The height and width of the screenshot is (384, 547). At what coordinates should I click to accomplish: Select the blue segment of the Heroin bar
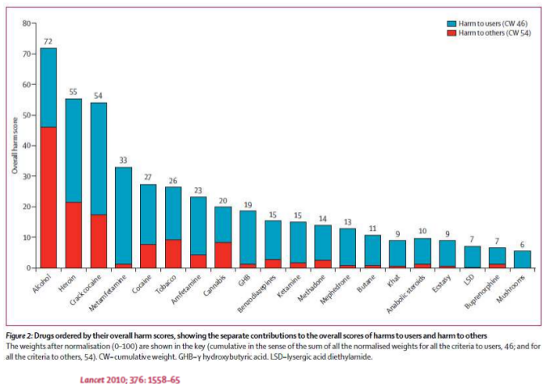74,150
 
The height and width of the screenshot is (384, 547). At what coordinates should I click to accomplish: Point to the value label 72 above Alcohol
49,41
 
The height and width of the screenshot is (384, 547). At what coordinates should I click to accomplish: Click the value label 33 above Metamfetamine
124,160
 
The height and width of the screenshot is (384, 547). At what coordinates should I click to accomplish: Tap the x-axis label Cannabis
216,287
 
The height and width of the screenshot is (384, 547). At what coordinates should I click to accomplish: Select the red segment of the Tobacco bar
174,253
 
